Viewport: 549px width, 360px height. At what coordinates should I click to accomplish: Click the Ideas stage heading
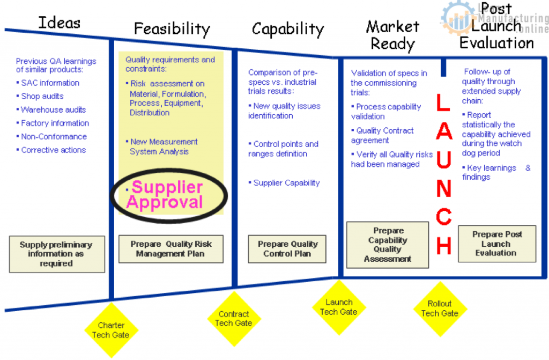(x=60, y=23)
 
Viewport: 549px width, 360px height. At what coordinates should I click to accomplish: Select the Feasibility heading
(x=172, y=28)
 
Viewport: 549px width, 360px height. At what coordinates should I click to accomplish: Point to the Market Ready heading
(x=392, y=34)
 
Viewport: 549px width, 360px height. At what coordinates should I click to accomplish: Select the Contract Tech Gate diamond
(x=234, y=318)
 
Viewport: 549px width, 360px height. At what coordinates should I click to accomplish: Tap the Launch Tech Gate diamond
(x=338, y=307)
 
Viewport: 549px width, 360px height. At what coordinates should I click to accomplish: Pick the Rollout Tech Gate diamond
(x=440, y=308)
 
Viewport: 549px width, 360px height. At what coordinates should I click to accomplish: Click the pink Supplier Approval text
(x=166, y=195)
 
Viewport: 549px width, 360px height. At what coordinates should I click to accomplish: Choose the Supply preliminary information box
(x=56, y=254)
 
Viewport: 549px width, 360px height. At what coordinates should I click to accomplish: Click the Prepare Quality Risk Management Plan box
(x=171, y=249)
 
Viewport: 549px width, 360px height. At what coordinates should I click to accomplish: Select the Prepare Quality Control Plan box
(x=287, y=249)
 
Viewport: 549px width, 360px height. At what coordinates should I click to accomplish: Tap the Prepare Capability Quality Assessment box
(x=388, y=245)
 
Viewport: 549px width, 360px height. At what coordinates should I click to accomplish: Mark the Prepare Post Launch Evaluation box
(x=497, y=244)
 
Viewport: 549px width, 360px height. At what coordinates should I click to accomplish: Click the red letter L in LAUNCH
(x=443, y=103)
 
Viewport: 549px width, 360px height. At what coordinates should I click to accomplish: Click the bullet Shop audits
(x=42, y=97)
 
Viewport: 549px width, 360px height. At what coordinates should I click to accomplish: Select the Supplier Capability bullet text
(x=286, y=183)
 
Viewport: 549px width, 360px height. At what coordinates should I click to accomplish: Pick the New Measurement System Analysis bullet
(x=164, y=146)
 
